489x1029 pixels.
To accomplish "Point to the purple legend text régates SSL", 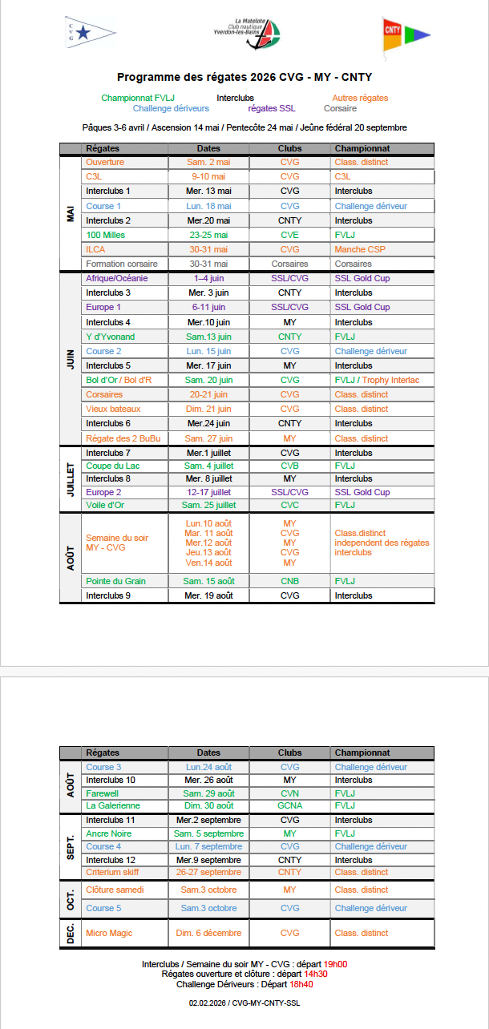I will pyautogui.click(x=272, y=108).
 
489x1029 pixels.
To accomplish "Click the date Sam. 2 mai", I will pyautogui.click(x=208, y=162).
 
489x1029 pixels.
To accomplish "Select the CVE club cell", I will pyautogui.click(x=289, y=235).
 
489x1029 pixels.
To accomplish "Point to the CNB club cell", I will pyautogui.click(x=289, y=581).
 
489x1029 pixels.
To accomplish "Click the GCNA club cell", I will pyautogui.click(x=289, y=805).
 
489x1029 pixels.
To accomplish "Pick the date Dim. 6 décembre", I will pyautogui.click(x=208, y=933).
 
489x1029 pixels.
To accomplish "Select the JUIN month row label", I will pyautogui.click(x=71, y=358).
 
